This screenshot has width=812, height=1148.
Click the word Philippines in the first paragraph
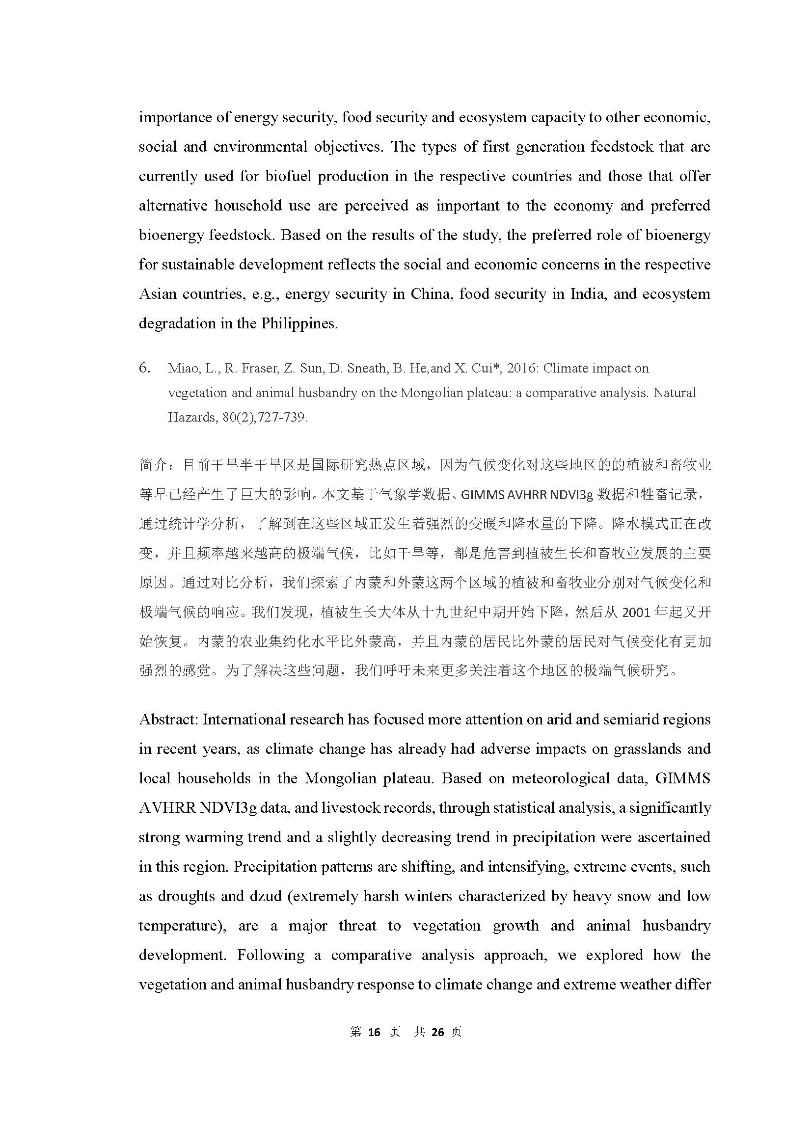(x=299, y=323)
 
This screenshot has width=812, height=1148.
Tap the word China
(x=431, y=294)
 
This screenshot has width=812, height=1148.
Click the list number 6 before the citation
(x=144, y=368)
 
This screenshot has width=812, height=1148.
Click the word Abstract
(x=169, y=720)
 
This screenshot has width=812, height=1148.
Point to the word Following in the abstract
(x=270, y=955)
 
